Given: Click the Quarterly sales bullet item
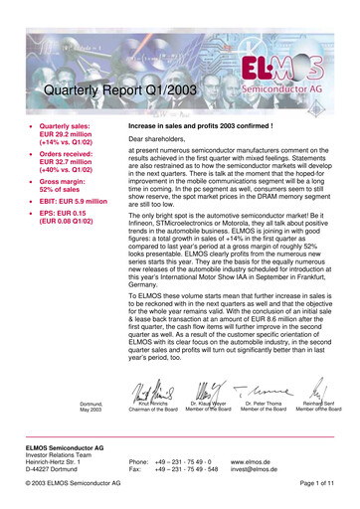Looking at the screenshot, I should click(70, 138).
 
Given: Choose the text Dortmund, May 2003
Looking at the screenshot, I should click(90, 380).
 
